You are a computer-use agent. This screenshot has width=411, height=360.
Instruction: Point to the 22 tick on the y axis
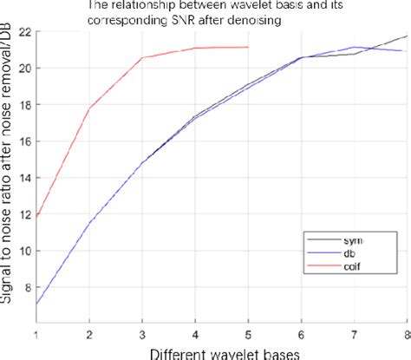pyautogui.click(x=23, y=31)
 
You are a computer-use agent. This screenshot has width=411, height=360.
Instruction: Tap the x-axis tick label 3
pyautogui.click(x=142, y=334)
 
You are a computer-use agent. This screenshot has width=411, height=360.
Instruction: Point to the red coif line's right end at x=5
pyautogui.click(x=248, y=48)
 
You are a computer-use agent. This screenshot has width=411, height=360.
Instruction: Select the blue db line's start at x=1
pyautogui.click(x=36, y=304)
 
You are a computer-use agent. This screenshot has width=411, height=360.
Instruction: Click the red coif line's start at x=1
pyautogui.click(x=36, y=216)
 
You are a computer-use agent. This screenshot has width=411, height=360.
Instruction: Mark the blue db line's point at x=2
pyautogui.click(x=89, y=222)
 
